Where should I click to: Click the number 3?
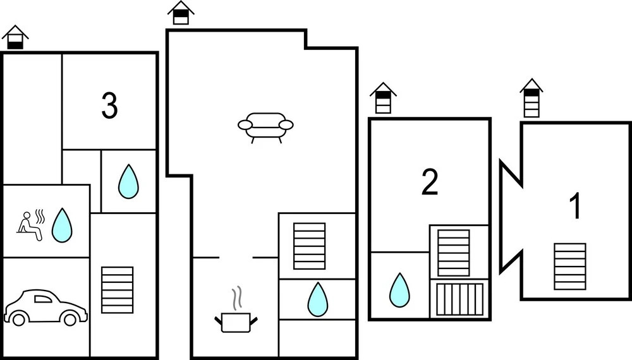pyautogui.click(x=109, y=107)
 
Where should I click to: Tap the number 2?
pyautogui.click(x=430, y=183)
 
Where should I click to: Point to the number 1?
pyautogui.click(x=575, y=208)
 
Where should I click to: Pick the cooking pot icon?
pyautogui.click(x=236, y=323)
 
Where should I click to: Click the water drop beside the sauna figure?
pyautogui.click(x=61, y=225)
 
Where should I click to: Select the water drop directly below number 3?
pyautogui.click(x=128, y=181)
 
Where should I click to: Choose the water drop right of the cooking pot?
pyautogui.click(x=317, y=299)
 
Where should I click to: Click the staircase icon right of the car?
pyautogui.click(x=117, y=290)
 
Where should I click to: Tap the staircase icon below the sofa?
pyautogui.click(x=309, y=246)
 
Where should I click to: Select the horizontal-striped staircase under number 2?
pyautogui.click(x=454, y=253)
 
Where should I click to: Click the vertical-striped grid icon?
pyautogui.click(x=459, y=299)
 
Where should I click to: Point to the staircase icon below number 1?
pyautogui.click(x=569, y=266)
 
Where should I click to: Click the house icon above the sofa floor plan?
pyautogui.click(x=181, y=13)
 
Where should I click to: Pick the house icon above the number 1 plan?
pyautogui.click(x=532, y=98)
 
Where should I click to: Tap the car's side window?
pyautogui.click(x=43, y=298)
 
